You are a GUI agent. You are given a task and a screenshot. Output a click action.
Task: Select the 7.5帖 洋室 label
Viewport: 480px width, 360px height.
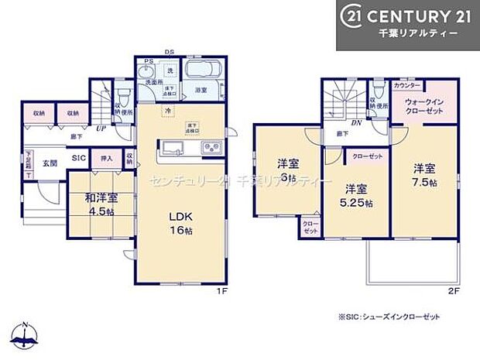pos(423,174)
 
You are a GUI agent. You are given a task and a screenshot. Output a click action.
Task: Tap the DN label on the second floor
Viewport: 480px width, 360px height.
pos(357,122)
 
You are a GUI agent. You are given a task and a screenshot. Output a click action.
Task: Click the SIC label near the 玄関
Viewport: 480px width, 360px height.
pos(78,158)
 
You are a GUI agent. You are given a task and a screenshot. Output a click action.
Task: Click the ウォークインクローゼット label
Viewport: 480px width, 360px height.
pos(423,106)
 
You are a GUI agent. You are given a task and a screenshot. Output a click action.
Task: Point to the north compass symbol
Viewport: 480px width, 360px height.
pos(26,334)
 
